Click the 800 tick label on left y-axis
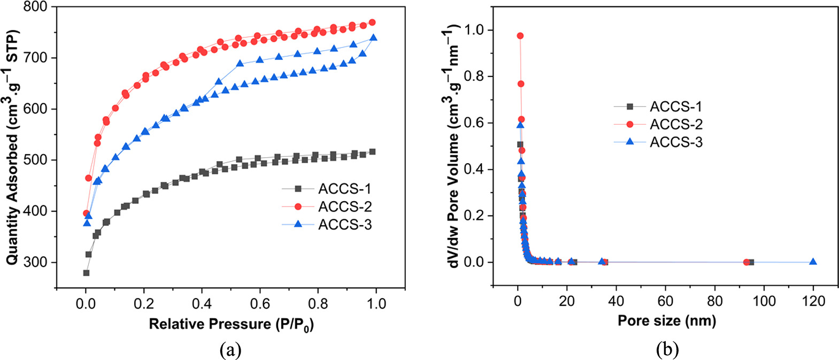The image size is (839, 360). click(x=36, y=7)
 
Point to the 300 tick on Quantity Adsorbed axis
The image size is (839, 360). click(x=36, y=262)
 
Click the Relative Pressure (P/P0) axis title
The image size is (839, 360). click(x=231, y=325)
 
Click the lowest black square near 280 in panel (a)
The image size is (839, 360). click(x=86, y=273)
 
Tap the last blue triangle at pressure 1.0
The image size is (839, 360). click(x=374, y=37)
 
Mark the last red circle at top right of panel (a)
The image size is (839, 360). click(x=372, y=22)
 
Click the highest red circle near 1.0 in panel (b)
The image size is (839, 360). click(x=520, y=36)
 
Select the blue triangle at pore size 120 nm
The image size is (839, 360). click(x=813, y=262)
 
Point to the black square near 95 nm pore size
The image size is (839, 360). click(x=751, y=262)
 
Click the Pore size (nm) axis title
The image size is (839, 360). click(x=666, y=320)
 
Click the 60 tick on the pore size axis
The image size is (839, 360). click(x=665, y=301)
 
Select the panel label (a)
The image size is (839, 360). click(x=230, y=350)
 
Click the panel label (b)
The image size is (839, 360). click(x=667, y=350)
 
